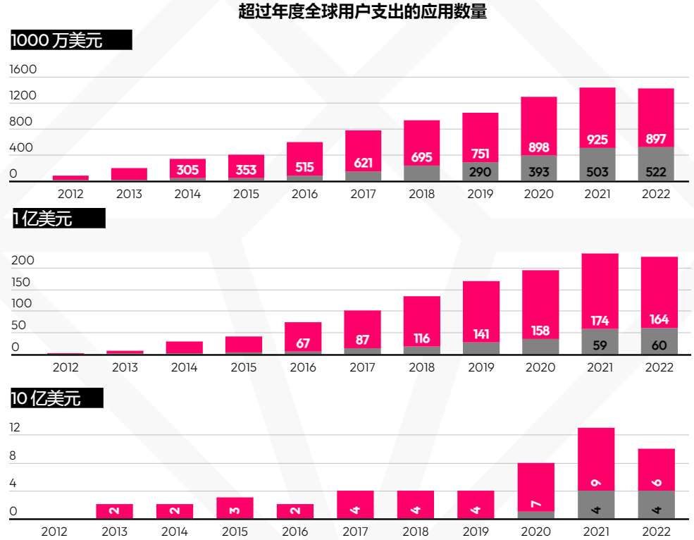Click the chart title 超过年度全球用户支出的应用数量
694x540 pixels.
coord(362,11)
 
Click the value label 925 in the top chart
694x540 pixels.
coord(597,140)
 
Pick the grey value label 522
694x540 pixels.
coord(656,172)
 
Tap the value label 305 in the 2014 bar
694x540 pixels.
coord(187,170)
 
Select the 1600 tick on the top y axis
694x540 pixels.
coord(23,70)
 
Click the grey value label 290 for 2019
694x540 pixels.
coord(480,172)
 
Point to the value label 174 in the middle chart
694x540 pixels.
coord(600,321)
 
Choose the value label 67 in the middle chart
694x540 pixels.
coord(303,343)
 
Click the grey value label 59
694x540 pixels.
coord(600,345)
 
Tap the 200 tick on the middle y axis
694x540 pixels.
coord(23,261)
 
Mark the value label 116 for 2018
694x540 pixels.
coord(421,339)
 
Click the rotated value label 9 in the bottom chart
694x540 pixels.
coord(596,482)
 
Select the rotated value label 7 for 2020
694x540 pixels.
coord(536,503)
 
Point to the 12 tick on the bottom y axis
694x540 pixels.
coord(15,428)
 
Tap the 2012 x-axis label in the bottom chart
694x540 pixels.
coord(54,531)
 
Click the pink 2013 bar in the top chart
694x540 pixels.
coord(129,174)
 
